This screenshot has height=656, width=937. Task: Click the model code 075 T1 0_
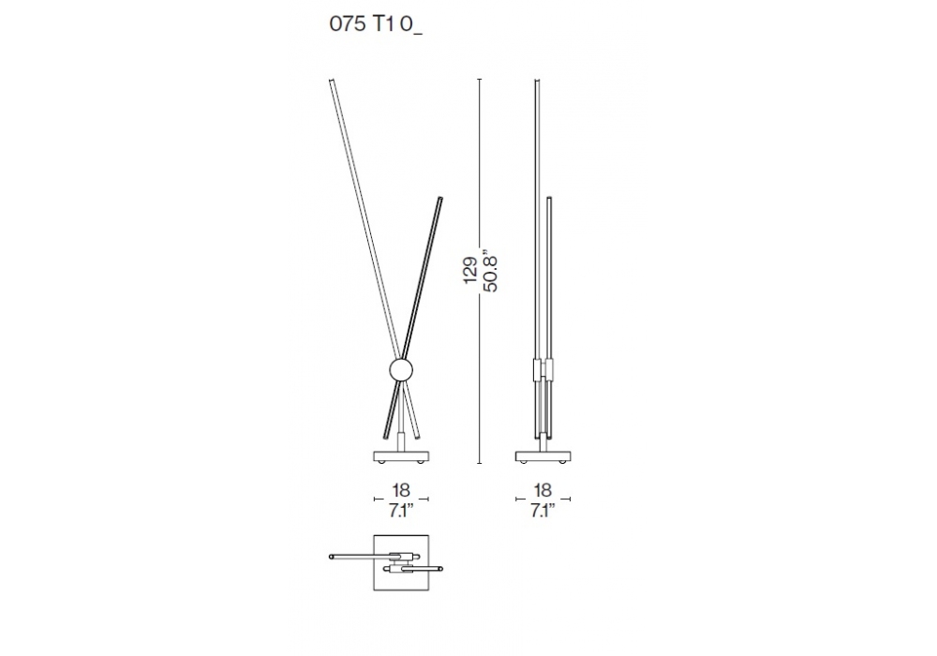click(376, 25)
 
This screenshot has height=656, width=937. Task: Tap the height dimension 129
click(470, 271)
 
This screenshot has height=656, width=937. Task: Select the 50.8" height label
click(491, 270)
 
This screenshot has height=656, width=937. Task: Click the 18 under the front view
click(401, 490)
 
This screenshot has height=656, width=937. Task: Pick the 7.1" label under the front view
click(401, 511)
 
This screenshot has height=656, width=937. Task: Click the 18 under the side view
click(542, 490)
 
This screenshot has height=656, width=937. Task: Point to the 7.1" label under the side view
click(542, 511)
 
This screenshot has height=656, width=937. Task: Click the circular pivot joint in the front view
click(400, 370)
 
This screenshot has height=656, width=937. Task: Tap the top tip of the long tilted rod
click(331, 80)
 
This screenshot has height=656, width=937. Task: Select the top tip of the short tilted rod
click(441, 198)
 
